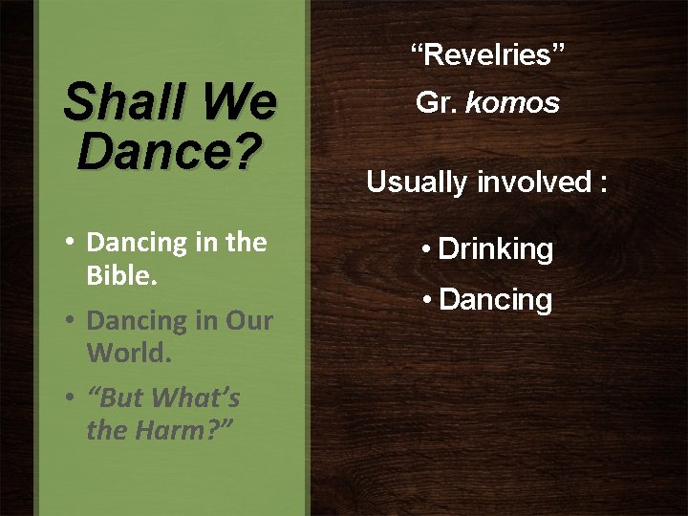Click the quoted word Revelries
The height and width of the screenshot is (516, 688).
point(487,55)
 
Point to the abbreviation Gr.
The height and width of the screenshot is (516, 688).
point(437,103)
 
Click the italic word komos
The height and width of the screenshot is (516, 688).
point(512,103)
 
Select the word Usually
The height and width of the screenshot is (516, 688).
point(418,182)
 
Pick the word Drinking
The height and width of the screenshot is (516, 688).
point(495,249)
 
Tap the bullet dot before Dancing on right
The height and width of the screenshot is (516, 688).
point(428,301)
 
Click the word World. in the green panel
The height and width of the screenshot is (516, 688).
point(129,353)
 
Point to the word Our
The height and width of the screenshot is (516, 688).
point(248,321)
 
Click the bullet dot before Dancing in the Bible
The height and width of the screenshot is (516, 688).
point(71,244)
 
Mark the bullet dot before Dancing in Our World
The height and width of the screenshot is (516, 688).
point(71,322)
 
